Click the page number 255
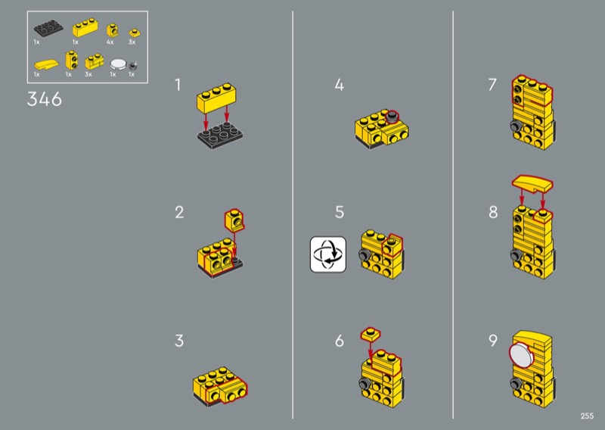click(x=587, y=416)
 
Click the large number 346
click(x=45, y=99)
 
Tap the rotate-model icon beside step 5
click(x=328, y=254)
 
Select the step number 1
click(x=178, y=85)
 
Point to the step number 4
click(x=339, y=85)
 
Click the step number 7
click(x=492, y=85)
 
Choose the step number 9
click(x=493, y=341)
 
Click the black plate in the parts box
click(x=48, y=28)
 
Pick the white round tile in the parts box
click(x=118, y=64)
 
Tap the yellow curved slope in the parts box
click(x=46, y=64)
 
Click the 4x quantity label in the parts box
click(x=110, y=42)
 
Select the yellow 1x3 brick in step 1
click(x=216, y=98)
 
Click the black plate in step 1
click(x=220, y=136)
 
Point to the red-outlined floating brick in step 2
click(x=234, y=220)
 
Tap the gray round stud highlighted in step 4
click(x=392, y=117)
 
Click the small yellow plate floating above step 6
click(x=371, y=334)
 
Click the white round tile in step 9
click(x=522, y=354)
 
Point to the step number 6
click(x=339, y=341)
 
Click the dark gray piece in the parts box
click(x=133, y=65)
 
